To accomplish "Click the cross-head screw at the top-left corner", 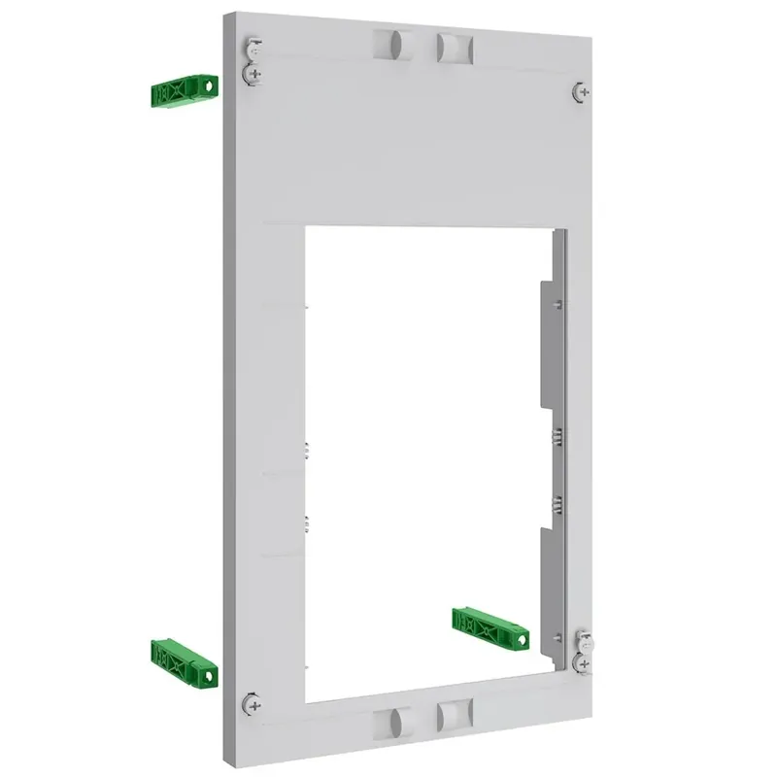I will click(253, 73).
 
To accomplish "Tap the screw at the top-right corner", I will click(578, 91).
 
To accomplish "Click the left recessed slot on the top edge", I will click(395, 43).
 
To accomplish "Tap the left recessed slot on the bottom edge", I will click(395, 721).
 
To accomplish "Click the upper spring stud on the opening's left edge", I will click(305, 450).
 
